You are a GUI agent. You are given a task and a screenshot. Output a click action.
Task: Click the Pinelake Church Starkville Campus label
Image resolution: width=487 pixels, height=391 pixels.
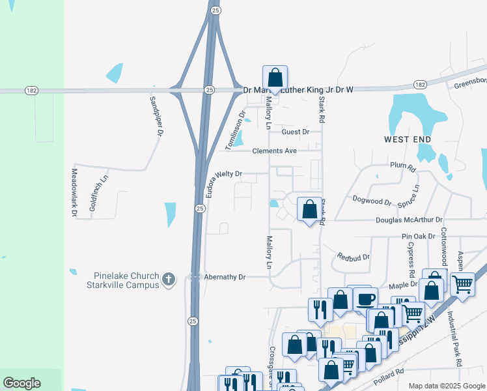point(122,279)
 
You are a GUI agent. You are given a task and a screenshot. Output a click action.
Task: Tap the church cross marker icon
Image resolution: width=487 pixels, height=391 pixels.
point(169,279)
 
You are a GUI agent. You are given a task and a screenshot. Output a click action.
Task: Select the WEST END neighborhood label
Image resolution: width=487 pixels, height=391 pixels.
point(406,139)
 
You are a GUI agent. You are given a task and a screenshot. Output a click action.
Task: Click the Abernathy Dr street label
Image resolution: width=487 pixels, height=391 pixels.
point(223,277)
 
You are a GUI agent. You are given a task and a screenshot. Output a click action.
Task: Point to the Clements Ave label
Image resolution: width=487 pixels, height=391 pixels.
point(275,151)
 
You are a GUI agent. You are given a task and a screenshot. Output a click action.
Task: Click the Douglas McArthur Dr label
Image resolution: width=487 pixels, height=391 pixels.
point(409,220)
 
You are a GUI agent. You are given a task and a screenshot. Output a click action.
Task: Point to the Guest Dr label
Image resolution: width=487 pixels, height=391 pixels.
point(296,132)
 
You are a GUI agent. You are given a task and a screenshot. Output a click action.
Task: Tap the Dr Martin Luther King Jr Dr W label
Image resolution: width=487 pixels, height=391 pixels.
point(297,90)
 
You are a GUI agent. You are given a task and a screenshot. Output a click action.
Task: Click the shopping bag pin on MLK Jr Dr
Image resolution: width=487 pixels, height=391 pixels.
point(275,78)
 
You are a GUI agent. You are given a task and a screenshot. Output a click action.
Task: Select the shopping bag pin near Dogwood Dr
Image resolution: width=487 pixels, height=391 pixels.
point(309,210)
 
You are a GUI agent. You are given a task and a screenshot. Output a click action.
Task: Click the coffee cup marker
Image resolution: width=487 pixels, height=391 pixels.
point(365,299)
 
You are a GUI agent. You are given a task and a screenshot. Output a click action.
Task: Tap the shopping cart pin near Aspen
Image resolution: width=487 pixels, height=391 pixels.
point(462,283)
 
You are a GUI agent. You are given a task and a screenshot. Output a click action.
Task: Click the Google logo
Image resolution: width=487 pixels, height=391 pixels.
point(21,383)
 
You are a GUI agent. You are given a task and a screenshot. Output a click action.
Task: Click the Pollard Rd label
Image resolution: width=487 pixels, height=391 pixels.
point(389,371)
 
